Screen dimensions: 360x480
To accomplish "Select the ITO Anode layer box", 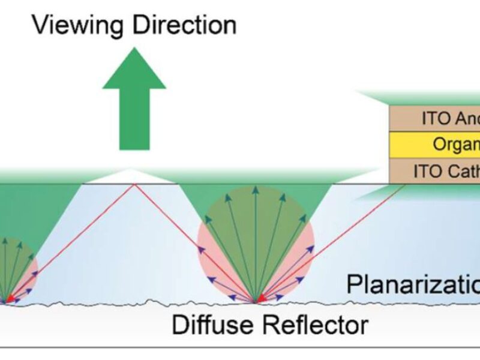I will point(435,118).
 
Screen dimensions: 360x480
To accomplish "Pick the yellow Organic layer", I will point(435,145).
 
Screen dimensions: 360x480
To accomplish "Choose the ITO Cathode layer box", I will point(435,171).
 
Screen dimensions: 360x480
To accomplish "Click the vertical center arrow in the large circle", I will point(256,240).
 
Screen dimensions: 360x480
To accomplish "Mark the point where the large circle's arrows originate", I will point(256,301).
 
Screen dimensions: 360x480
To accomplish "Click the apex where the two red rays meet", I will point(134,184).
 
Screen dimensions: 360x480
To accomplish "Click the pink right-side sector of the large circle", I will point(303,252).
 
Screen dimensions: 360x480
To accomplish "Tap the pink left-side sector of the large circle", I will point(209,252).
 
